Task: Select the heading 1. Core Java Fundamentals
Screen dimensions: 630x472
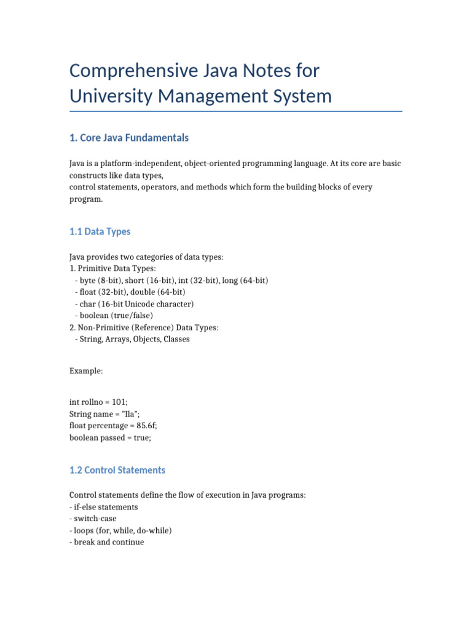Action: [129, 138]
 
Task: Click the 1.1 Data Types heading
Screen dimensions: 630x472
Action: [100, 231]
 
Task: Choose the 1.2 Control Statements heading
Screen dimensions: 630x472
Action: [117, 470]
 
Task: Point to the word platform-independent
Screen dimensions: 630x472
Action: [142, 164]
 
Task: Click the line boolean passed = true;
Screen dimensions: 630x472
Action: [110, 437]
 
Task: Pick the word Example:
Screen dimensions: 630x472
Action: [86, 372]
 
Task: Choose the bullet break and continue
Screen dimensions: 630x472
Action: [108, 543]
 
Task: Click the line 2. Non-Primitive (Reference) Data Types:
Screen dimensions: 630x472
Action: [144, 327]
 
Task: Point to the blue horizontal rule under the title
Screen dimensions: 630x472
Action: [236, 111]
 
